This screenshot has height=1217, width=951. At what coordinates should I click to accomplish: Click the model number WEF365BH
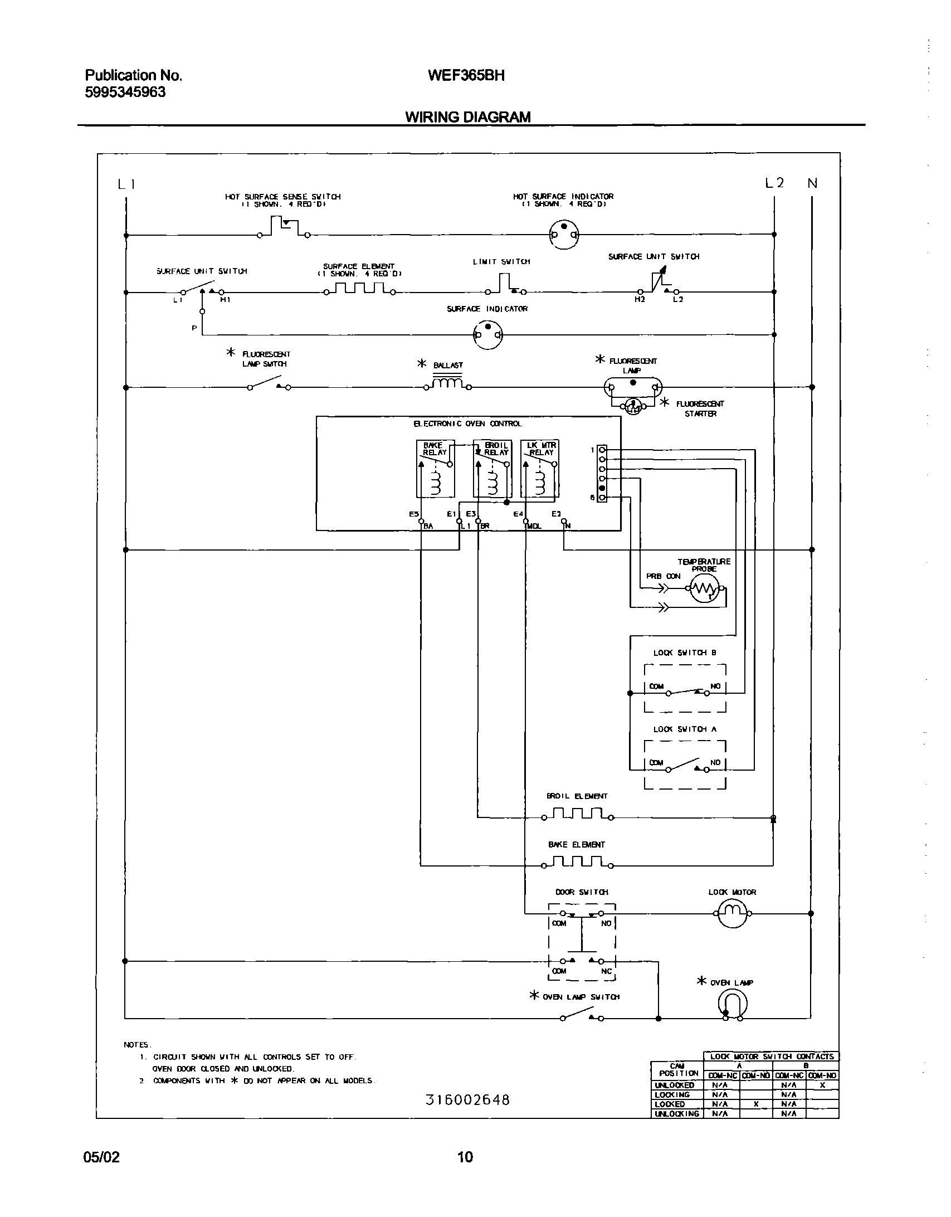click(466, 75)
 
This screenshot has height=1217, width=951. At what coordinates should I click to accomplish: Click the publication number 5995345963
click(125, 93)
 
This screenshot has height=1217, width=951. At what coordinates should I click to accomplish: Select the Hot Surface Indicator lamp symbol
click(564, 234)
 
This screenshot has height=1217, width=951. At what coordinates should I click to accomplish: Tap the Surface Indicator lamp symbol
click(487, 335)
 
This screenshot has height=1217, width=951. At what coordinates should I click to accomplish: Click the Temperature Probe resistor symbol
click(704, 588)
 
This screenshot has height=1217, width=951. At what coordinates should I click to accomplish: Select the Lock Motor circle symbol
click(731, 913)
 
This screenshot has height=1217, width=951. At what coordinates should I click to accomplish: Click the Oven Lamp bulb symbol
click(732, 1006)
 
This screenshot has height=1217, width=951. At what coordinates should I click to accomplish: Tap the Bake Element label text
click(576, 845)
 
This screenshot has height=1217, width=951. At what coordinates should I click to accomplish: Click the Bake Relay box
click(435, 468)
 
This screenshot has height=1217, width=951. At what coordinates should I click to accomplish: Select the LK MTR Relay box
click(539, 468)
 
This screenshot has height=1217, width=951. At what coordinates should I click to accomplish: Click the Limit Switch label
click(501, 261)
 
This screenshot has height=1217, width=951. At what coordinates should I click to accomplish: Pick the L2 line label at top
click(774, 183)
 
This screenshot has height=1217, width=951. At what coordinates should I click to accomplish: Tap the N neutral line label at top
click(812, 183)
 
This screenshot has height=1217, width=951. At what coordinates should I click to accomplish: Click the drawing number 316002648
click(467, 1100)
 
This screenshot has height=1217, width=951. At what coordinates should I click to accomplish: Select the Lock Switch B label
click(684, 653)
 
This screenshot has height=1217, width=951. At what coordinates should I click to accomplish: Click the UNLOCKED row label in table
click(675, 1085)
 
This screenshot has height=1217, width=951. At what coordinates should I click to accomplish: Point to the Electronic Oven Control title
click(467, 423)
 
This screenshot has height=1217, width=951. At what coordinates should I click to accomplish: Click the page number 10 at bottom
click(465, 1157)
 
